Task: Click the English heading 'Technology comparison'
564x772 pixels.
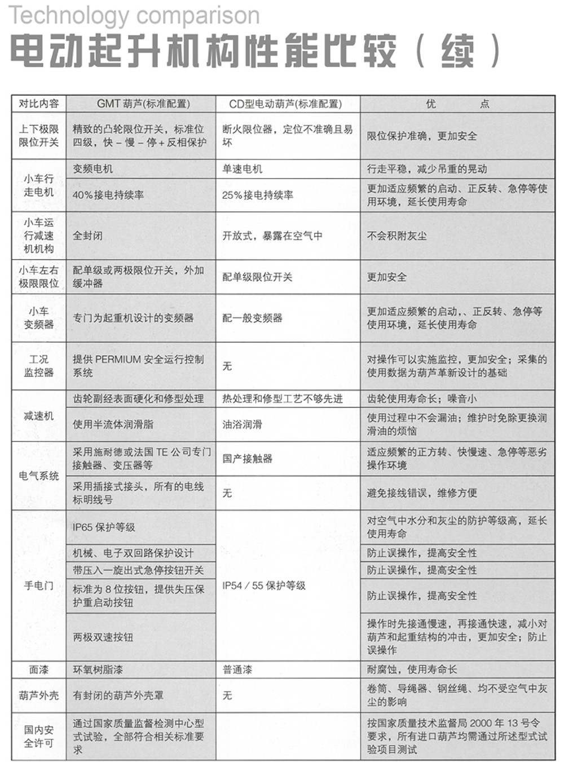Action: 134,15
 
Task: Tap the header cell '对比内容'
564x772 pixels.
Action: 38,104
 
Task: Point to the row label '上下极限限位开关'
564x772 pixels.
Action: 38,136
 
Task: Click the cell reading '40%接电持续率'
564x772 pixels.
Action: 108,195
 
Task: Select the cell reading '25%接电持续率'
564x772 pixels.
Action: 258,195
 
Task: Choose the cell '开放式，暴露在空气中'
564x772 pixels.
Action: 272,236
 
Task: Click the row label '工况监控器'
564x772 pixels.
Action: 38,366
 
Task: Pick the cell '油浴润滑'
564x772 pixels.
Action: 242,424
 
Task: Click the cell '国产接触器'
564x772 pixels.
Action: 248,458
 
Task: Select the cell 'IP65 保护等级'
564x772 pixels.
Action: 104,527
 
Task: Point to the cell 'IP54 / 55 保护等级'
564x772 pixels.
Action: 264,585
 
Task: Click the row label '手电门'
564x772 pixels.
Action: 38,585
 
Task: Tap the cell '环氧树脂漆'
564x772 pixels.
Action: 98,669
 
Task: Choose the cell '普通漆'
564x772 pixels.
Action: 237,669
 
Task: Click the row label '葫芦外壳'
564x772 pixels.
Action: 38,695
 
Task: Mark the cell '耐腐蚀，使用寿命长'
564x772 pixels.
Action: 412,669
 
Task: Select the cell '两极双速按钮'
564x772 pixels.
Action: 103,637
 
